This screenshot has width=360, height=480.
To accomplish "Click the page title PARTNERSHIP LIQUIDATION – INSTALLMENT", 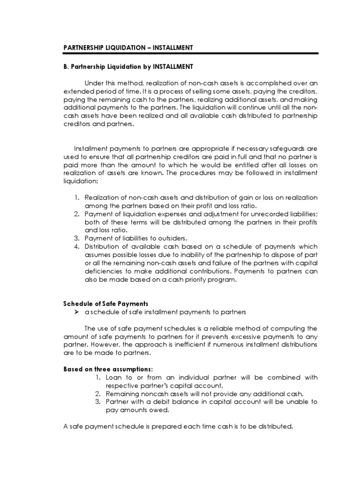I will point(128,48).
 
